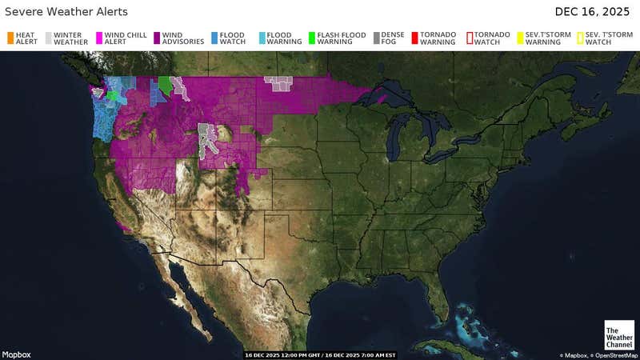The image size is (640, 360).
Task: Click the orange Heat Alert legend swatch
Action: point(10,38)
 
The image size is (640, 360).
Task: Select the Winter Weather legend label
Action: point(70,38)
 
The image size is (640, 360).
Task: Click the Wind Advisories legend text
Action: point(182,38)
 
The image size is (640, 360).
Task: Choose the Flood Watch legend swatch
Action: point(214,38)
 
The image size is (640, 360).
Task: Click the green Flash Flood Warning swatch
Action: point(311,38)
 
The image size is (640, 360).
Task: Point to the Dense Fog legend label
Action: point(393,38)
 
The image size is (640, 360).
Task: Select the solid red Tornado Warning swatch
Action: point(414,38)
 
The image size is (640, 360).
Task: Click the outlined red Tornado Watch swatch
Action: point(470,38)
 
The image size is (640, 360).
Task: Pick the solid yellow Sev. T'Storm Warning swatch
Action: point(520,38)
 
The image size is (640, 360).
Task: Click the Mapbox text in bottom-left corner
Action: point(16,354)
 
